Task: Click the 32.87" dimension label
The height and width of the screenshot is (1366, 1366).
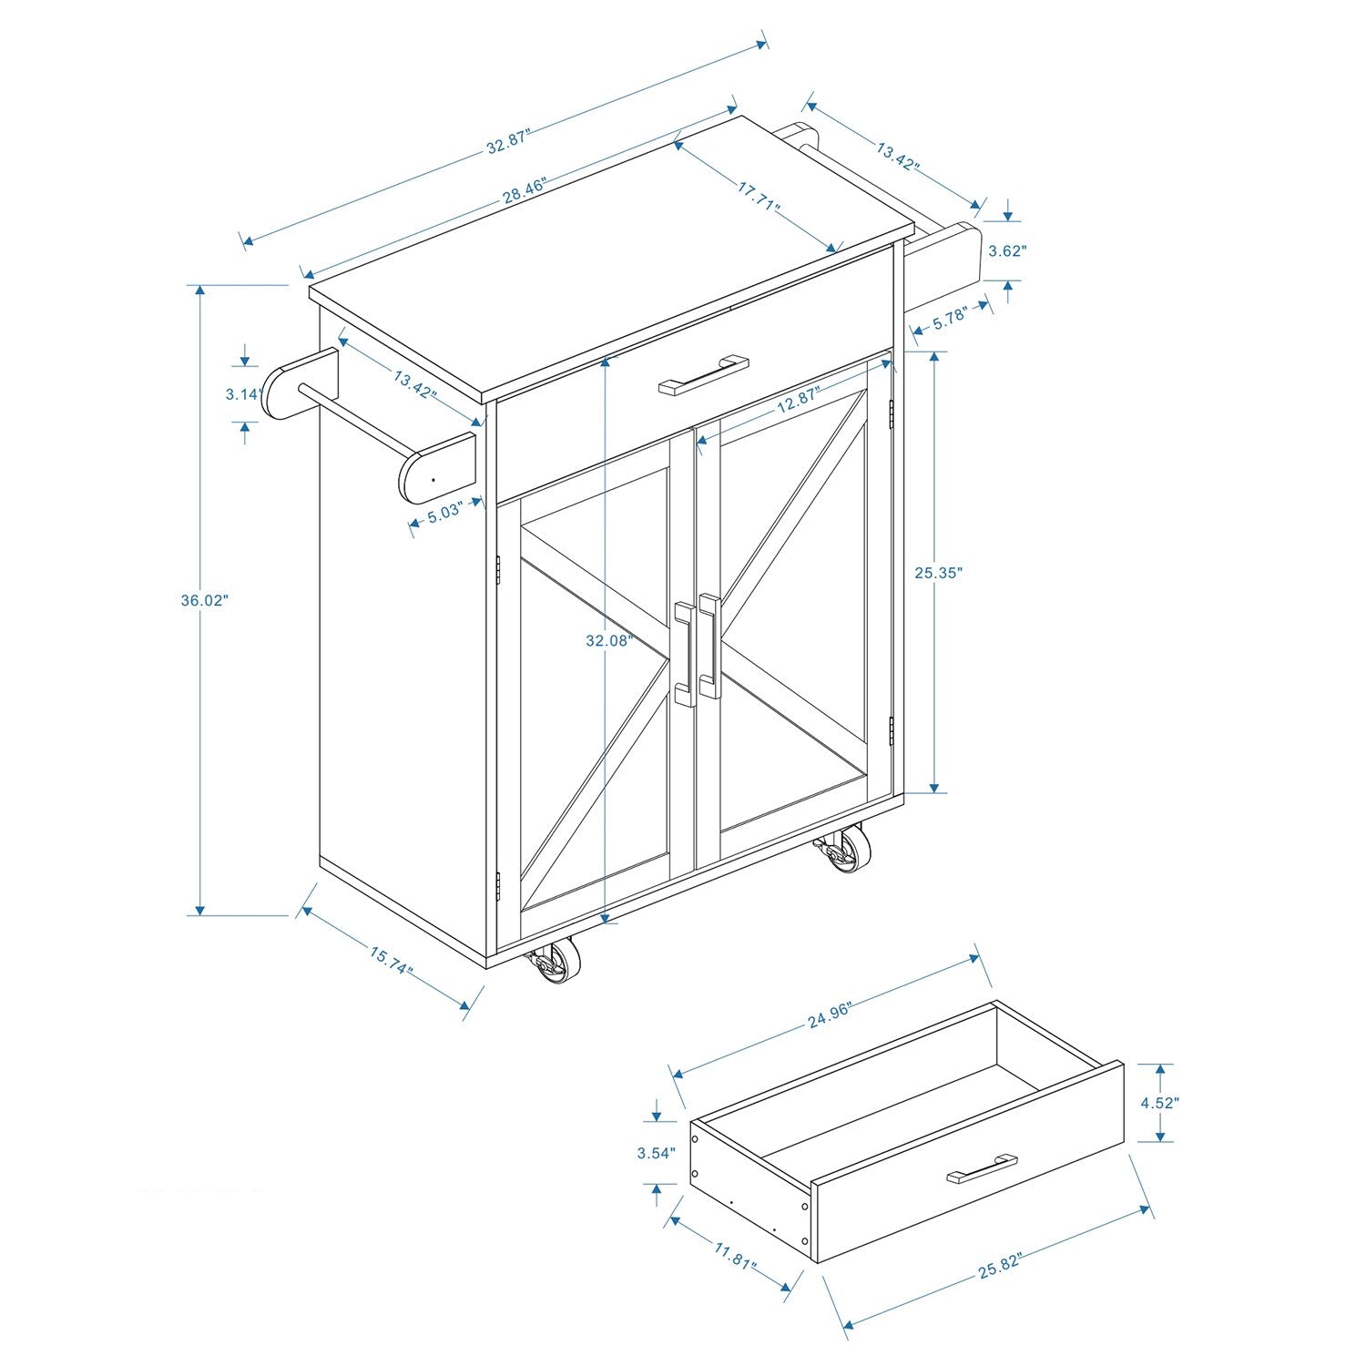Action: point(507,141)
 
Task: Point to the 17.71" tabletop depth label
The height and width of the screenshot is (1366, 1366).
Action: point(759,197)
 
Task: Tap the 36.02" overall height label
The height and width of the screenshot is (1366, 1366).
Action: point(204,600)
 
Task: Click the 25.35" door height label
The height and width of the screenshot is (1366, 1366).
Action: point(938,572)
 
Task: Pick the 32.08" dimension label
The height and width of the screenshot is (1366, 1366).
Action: point(608,640)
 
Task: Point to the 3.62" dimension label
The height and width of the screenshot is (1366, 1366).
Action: point(1007,250)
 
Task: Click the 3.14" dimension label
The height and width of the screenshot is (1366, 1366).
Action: point(244,393)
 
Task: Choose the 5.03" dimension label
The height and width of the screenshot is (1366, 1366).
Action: point(446,512)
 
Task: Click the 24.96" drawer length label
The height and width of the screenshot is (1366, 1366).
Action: point(829,1014)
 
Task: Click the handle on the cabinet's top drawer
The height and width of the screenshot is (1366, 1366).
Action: point(703,374)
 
